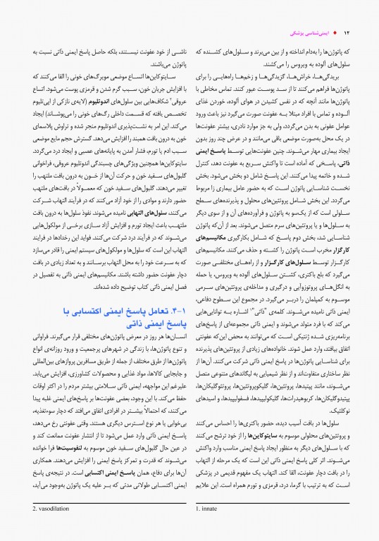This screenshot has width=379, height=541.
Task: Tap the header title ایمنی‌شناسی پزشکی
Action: [313, 34]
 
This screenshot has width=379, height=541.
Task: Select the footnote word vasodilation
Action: [35, 526]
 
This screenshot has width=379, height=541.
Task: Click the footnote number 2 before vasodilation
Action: [12, 526]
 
